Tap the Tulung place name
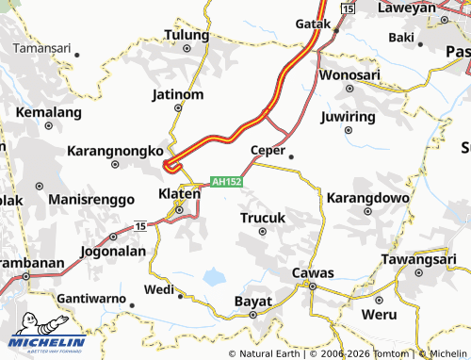(186, 34)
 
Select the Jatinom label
(177, 94)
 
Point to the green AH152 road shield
(227, 182)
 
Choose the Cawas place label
(312, 273)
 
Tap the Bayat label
(252, 302)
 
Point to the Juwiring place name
(348, 117)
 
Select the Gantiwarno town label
(91, 298)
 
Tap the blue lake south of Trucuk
(215, 277)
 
